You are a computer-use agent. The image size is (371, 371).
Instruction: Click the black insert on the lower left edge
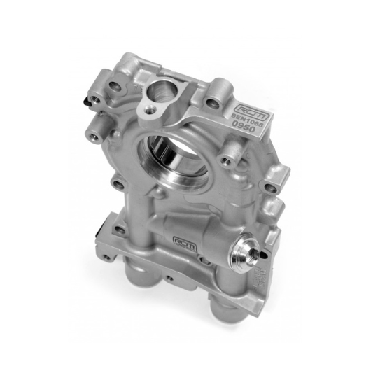pyautogui.click(x=101, y=227)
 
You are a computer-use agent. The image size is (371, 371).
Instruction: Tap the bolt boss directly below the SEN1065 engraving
pyautogui.click(x=226, y=161)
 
